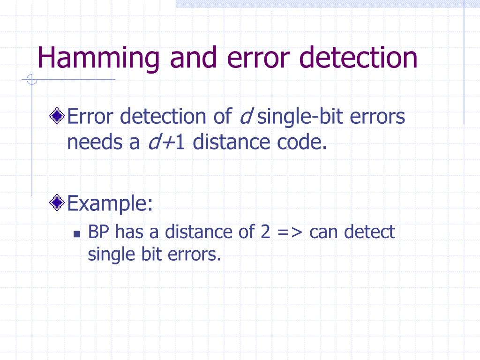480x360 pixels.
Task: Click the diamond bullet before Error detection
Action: [x=58, y=116]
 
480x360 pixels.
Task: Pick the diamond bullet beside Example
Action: [x=58, y=203]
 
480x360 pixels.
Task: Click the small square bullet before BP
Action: [x=78, y=232]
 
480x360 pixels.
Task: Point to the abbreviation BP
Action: [x=99, y=232]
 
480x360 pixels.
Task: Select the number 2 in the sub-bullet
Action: [x=265, y=232]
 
